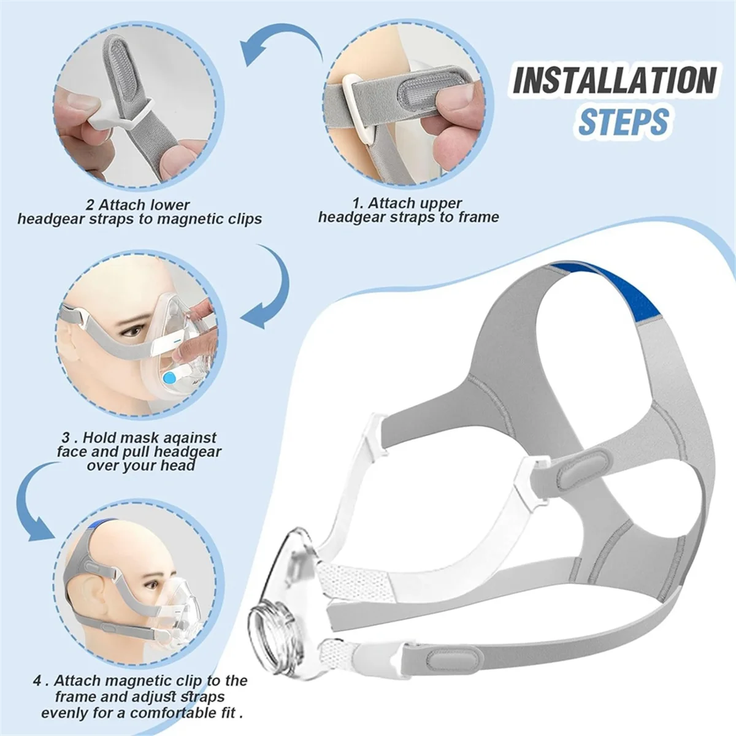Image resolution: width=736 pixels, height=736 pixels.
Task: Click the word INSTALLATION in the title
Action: click(x=614, y=80)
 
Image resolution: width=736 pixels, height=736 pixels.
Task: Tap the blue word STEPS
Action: click(x=623, y=121)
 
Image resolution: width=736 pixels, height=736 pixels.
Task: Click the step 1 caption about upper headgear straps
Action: click(x=408, y=210)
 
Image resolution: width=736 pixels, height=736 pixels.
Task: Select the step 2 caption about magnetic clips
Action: click(x=139, y=212)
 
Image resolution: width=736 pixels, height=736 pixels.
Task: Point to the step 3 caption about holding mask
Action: click(x=139, y=451)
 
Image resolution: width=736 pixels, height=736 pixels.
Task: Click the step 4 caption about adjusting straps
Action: click(x=141, y=697)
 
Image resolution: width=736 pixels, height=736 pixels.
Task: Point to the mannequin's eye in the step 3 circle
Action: click(x=132, y=331)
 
